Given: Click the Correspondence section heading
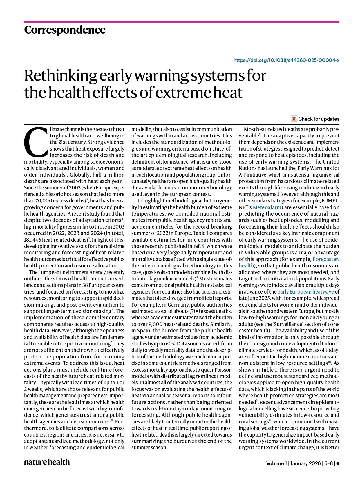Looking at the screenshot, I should point(65,30).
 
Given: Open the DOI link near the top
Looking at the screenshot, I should point(286,61).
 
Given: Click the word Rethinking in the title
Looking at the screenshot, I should point(61,76).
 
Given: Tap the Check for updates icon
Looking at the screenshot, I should point(294,119).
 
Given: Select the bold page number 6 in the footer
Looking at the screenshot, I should point(338,463).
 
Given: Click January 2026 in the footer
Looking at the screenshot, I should point(305,463).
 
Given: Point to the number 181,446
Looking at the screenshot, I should point(34,240).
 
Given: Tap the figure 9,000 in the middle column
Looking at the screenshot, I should point(156,324).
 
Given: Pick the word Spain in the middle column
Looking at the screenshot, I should point(144,331).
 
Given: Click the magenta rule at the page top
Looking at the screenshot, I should point(182,22).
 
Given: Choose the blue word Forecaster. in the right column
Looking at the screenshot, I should point(326,259).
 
